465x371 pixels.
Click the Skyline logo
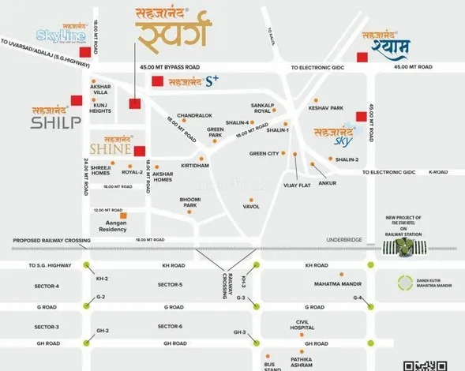[60, 34]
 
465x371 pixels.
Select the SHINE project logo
[111, 146]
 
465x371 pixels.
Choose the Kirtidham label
[194, 166]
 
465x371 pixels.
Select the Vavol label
[251, 206]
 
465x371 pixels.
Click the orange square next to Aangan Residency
[123, 215]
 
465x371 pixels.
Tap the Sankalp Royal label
[261, 107]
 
